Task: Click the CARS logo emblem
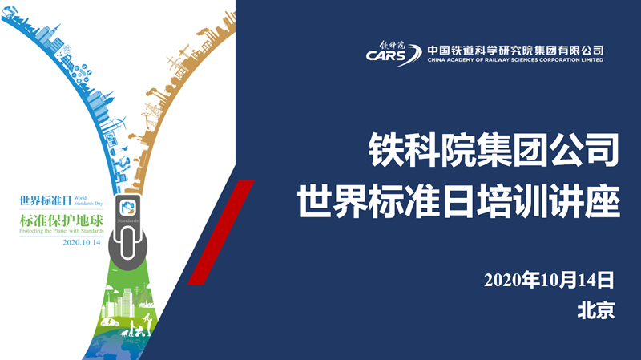click(x=393, y=54)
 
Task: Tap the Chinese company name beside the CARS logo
click(x=515, y=50)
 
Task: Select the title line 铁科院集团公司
click(x=494, y=150)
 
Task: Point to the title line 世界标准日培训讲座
click(x=458, y=201)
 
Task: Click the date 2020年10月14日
click(x=549, y=281)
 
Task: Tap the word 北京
click(x=595, y=310)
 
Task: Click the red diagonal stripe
click(x=221, y=232)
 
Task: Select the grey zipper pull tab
click(x=128, y=233)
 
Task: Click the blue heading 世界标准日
click(x=46, y=201)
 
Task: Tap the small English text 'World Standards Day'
click(x=88, y=200)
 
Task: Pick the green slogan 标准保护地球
click(x=62, y=220)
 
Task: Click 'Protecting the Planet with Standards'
click(x=62, y=231)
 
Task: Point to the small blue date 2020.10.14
click(x=82, y=242)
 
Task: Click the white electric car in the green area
click(x=111, y=322)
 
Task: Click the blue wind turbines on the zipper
click(x=117, y=123)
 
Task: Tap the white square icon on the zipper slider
click(x=127, y=208)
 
